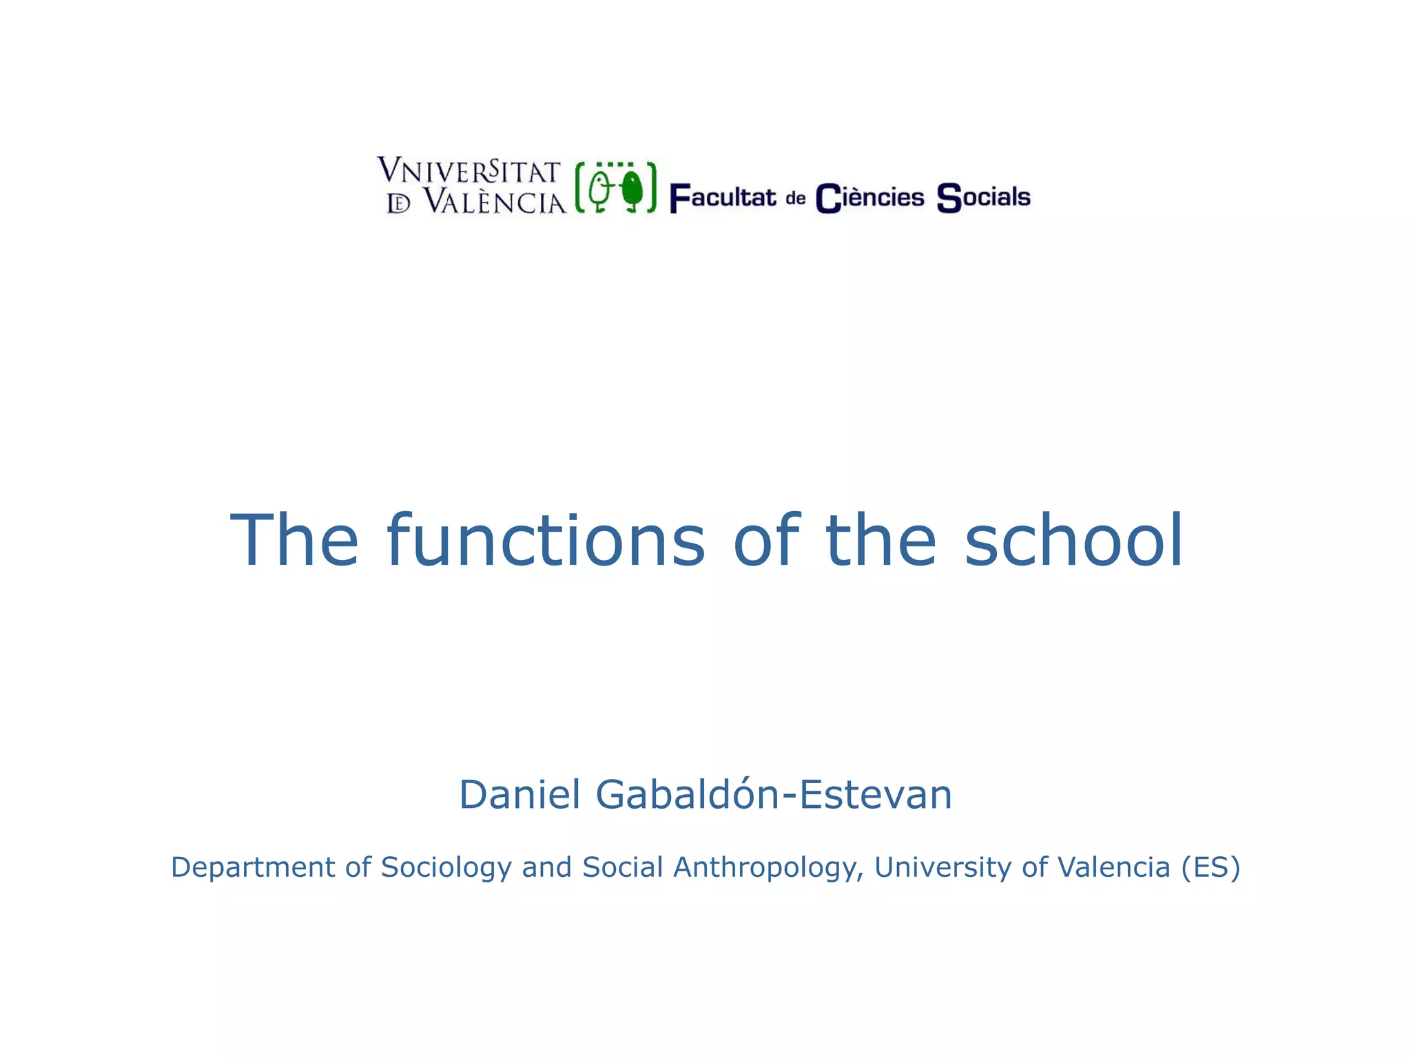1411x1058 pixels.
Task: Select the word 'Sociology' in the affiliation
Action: click(446, 867)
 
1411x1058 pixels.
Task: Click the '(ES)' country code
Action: click(1211, 867)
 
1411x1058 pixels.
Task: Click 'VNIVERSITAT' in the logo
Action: click(469, 171)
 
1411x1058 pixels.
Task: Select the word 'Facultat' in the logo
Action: click(723, 198)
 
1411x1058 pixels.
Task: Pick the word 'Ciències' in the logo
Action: click(869, 198)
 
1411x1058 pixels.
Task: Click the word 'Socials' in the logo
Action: click(983, 198)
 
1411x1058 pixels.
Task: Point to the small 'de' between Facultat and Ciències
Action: click(796, 199)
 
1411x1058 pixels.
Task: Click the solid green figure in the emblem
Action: click(630, 189)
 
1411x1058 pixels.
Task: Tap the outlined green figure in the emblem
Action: click(600, 189)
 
